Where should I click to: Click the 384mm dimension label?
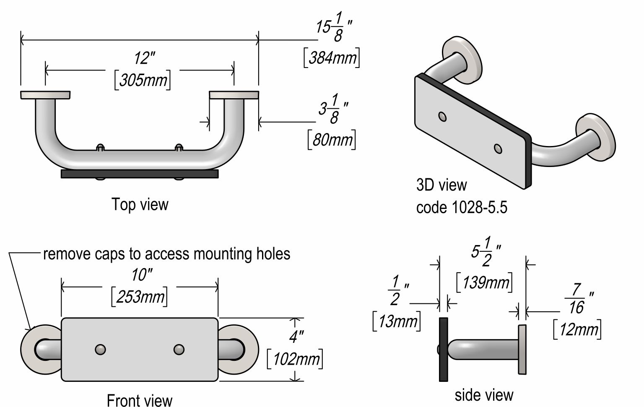pos(332,57)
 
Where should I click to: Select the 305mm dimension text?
pos(143,80)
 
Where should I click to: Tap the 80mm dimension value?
pos(332,139)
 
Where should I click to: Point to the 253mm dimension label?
pos(140,297)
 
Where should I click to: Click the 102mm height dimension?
pos(295,359)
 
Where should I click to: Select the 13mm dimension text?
pos(397,321)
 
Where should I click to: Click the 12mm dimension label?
pos(577,329)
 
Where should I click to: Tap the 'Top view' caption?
pos(140,204)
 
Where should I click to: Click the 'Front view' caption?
pos(139,400)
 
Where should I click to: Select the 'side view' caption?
pos(484,395)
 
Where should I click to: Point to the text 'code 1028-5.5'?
pos(462,207)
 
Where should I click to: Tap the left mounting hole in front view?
pos(100,350)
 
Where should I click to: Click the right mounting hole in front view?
pos(179,350)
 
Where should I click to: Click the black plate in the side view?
pos(443,349)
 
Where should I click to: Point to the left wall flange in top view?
pos(45,95)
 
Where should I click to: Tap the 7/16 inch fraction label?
pos(576,298)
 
